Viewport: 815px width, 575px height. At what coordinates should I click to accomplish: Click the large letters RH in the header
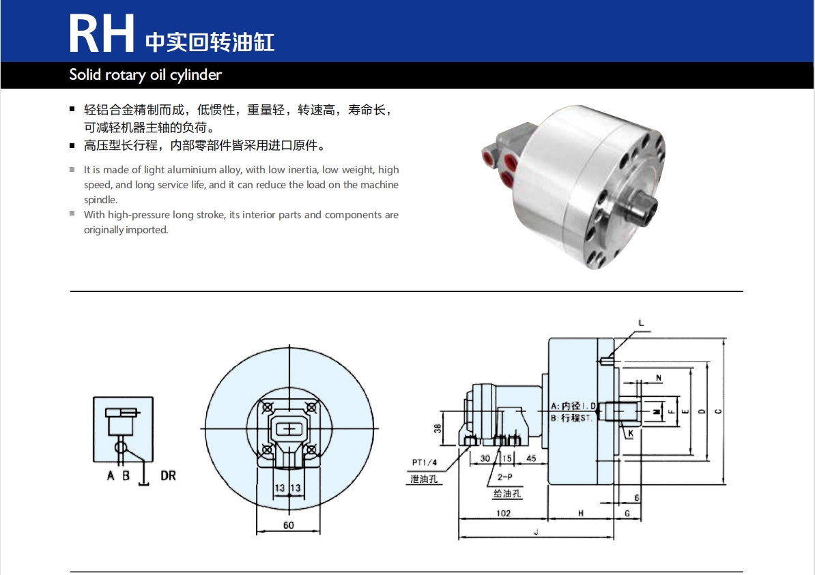101,33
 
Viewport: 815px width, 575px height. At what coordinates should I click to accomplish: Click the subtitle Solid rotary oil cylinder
145,75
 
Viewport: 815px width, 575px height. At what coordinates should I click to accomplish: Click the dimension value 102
503,513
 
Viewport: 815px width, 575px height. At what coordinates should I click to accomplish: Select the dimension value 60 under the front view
289,525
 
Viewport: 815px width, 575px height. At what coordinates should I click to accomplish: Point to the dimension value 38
437,428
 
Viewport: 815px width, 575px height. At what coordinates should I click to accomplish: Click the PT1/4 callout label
424,462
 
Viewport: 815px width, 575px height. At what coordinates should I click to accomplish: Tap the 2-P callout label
504,477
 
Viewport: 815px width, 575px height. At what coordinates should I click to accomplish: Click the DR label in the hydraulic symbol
168,475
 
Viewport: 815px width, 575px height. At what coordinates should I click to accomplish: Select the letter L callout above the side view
641,323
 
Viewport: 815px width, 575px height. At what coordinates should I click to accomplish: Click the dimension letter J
536,532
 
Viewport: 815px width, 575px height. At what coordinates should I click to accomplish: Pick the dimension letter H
581,513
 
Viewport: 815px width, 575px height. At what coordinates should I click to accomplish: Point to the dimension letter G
627,513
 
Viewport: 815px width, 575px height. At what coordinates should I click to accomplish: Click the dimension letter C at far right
718,411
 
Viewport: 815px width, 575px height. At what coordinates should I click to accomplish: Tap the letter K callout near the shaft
631,433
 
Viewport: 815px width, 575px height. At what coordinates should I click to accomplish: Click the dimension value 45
530,458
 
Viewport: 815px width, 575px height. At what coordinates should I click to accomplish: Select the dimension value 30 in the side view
485,458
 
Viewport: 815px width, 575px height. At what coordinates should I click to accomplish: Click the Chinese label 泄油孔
424,479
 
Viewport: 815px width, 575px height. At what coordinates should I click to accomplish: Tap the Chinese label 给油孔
506,493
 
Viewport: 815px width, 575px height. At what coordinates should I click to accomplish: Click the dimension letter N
659,378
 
